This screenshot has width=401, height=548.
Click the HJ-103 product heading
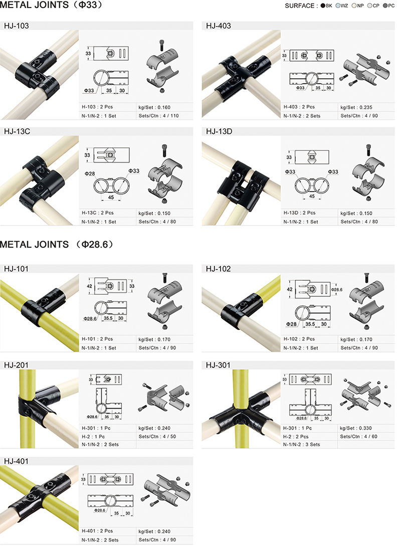point(17,26)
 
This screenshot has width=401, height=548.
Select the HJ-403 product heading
point(219,26)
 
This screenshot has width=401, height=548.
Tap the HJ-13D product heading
point(219,131)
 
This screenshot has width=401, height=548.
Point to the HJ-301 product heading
point(218,365)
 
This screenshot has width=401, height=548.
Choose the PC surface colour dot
point(385,6)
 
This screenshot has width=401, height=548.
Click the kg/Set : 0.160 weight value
point(154,107)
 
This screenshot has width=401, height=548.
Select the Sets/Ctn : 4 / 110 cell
point(158,116)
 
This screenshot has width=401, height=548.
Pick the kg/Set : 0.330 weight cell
point(355,428)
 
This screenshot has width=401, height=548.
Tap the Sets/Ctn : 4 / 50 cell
point(157,437)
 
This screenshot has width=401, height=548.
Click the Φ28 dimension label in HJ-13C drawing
point(89,173)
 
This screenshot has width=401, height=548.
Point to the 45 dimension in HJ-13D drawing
point(312,197)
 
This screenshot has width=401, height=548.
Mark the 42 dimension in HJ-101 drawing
point(89,286)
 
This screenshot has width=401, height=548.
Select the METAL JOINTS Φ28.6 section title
point(57,244)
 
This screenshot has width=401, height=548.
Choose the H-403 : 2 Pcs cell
point(299,107)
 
